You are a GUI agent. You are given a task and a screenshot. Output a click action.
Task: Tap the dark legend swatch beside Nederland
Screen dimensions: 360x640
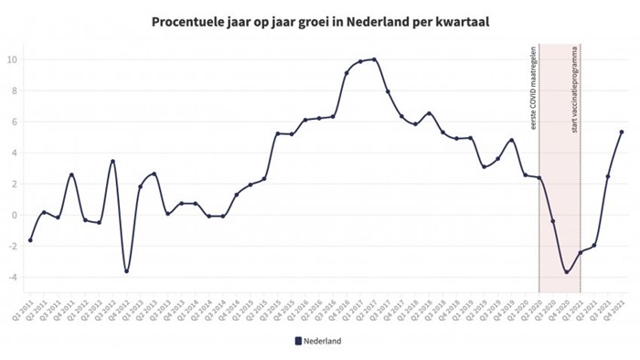[x=297, y=341]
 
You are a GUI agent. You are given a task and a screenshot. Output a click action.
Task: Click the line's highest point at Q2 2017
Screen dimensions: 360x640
[x=374, y=59]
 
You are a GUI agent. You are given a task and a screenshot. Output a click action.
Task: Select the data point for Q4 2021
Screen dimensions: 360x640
[x=622, y=132]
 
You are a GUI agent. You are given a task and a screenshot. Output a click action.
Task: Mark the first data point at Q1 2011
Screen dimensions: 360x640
[x=30, y=240]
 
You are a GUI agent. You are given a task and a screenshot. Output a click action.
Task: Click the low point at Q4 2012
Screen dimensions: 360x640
[x=127, y=271]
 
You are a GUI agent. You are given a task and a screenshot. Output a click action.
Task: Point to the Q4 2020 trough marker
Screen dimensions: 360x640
[x=567, y=272]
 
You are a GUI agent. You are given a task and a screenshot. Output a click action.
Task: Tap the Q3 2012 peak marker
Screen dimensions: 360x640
[x=112, y=162]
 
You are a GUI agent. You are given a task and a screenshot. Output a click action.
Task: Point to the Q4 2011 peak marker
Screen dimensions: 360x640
[x=71, y=175]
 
